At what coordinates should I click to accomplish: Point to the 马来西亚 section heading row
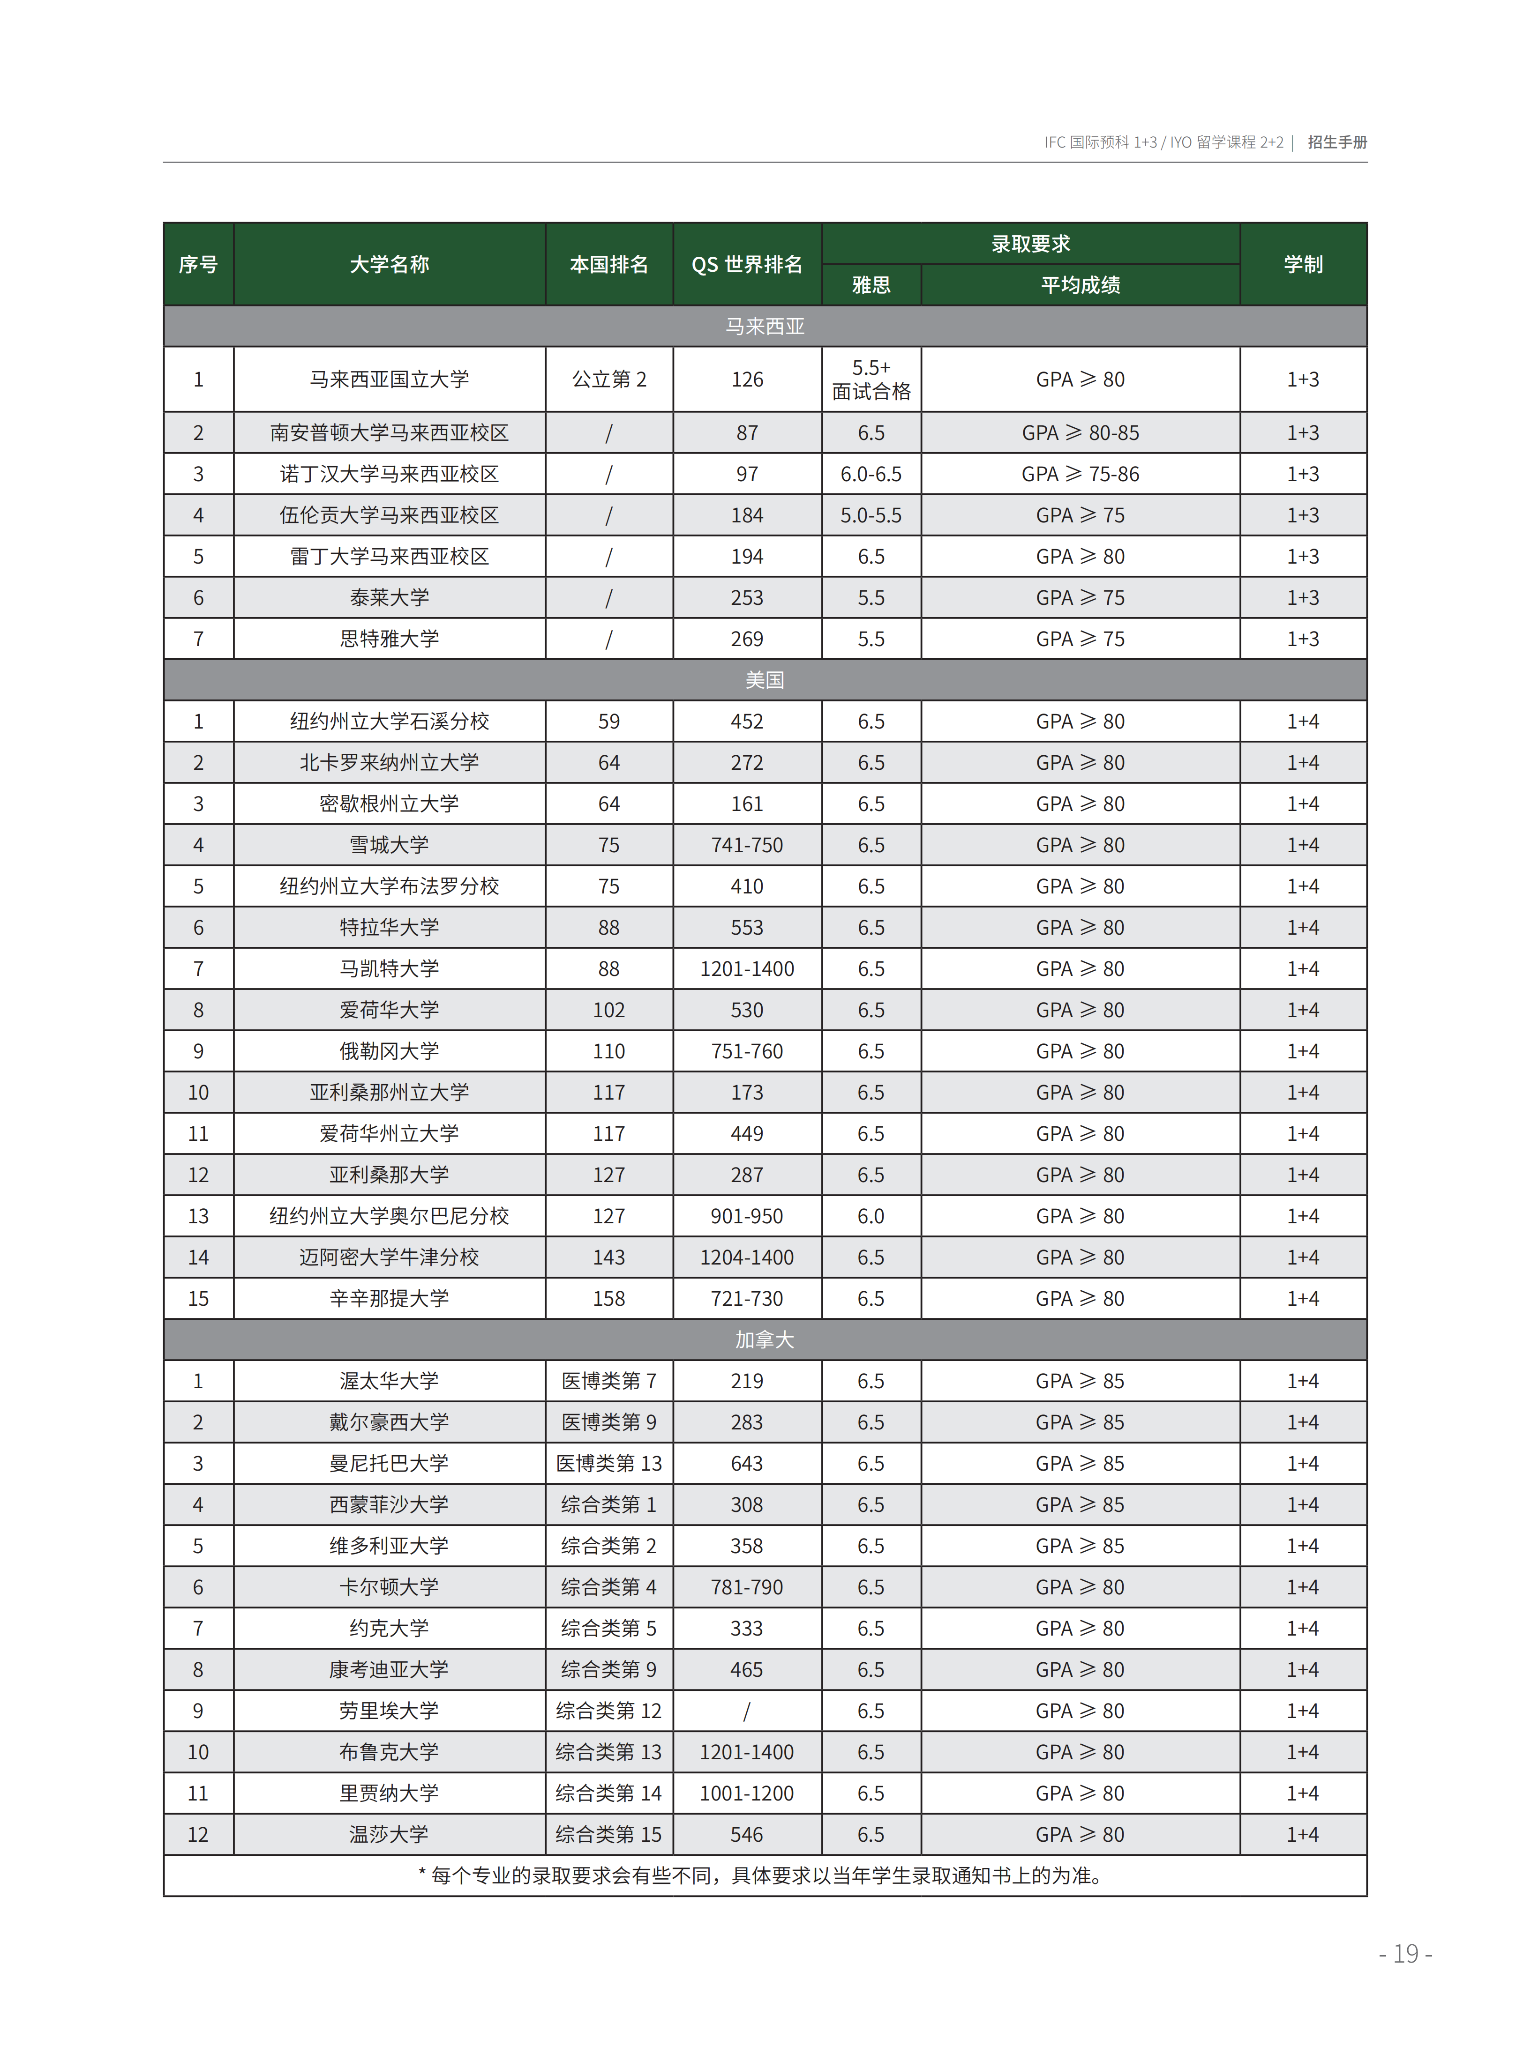(765, 326)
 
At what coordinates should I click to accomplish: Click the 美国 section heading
(765, 680)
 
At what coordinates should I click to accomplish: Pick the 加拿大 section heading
(765, 1339)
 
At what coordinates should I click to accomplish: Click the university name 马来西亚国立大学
(389, 379)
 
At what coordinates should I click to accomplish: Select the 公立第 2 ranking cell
(609, 379)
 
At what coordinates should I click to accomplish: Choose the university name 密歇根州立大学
(389, 804)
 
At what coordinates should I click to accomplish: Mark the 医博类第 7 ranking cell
(609, 1381)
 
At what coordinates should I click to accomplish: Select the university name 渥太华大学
(389, 1381)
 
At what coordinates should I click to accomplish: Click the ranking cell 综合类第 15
(609, 1834)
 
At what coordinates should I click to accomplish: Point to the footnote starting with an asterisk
(760, 1876)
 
